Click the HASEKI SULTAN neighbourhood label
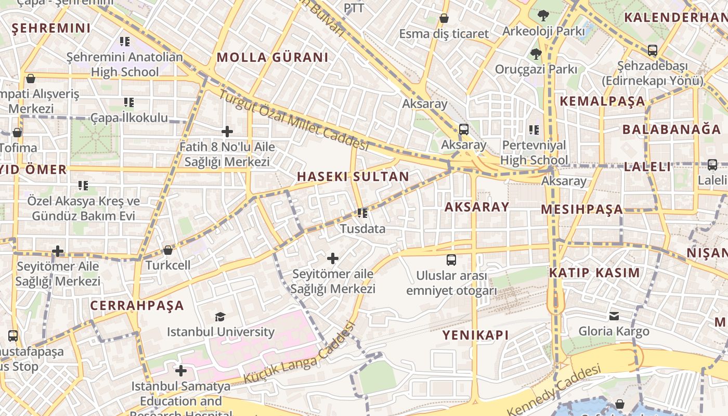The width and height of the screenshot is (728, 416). tap(353, 176)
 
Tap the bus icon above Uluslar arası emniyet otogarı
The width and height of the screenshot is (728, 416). tap(451, 259)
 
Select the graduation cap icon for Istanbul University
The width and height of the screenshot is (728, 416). tap(220, 317)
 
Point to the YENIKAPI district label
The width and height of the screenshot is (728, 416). tap(475, 335)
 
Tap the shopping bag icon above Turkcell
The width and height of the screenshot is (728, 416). tap(167, 251)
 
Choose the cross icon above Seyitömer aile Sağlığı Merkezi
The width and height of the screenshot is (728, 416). tap(333, 258)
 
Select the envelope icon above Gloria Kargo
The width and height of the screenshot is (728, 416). tap(614, 316)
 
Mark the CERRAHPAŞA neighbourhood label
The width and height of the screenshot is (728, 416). tap(137, 305)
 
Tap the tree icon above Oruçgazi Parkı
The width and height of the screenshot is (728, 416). tap(536, 54)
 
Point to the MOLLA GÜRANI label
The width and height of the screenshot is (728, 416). tap(272, 57)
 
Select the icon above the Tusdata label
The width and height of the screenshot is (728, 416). tap(362, 213)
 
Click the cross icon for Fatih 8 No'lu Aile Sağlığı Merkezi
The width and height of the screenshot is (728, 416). tap(227, 132)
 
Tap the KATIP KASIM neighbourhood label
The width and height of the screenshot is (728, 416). tap(594, 272)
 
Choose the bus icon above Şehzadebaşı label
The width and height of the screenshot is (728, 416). tap(652, 50)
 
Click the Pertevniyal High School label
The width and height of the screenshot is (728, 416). tap(534, 152)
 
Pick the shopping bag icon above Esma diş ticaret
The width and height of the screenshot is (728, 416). tap(444, 19)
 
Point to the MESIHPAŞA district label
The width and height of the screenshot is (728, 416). tap(581, 209)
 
